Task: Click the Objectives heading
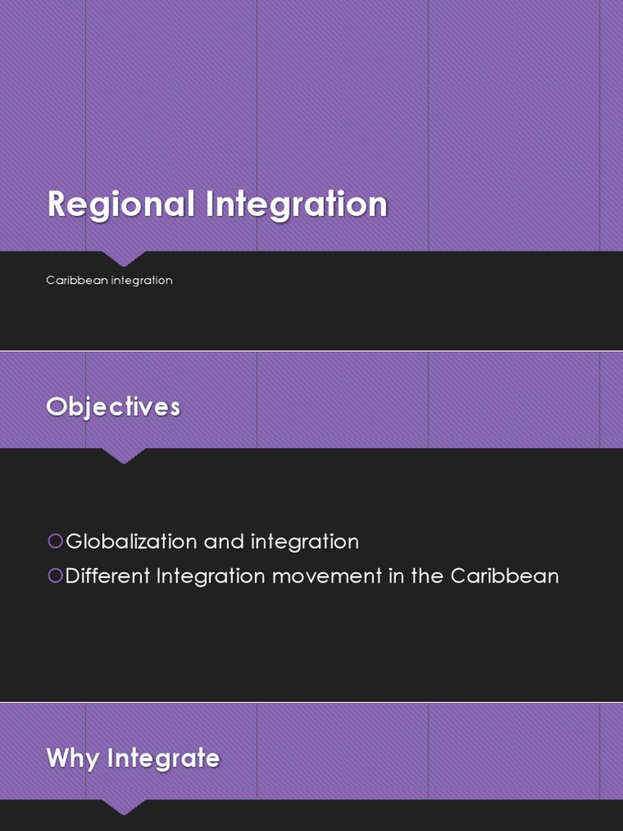(113, 407)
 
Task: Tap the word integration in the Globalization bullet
(304, 542)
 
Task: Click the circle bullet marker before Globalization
(55, 540)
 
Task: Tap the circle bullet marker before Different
(55, 575)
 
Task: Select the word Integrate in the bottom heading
(164, 759)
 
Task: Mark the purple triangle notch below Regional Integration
(123, 258)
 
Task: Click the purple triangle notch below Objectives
(123, 455)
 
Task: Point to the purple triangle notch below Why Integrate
(123, 807)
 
